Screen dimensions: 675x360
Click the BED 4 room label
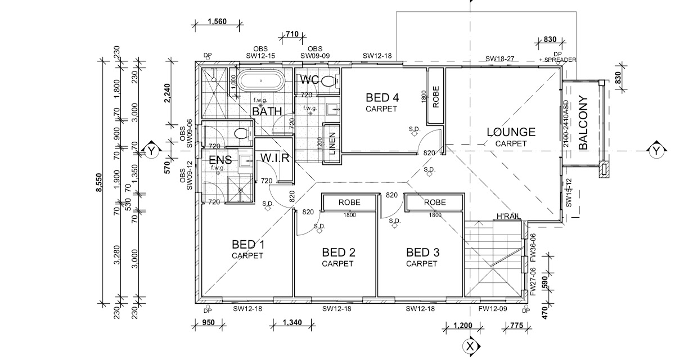coord(382,98)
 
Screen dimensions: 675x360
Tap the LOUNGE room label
coord(511,132)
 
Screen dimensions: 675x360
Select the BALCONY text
coord(583,123)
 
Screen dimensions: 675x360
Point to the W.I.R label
coord(274,158)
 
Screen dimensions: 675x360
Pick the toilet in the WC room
coord(330,81)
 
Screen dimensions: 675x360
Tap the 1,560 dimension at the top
coord(217,21)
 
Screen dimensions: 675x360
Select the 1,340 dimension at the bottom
coord(292,323)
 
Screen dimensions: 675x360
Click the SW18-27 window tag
coord(499,58)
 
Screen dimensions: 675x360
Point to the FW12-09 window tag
coord(493,309)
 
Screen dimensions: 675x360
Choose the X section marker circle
coord(470,346)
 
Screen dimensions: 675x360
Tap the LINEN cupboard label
coord(332,143)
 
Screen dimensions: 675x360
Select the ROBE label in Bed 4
coord(436,97)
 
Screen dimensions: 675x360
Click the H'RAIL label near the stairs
coord(508,216)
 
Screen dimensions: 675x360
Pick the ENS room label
coord(220,160)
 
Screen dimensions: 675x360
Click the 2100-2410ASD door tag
coord(566,124)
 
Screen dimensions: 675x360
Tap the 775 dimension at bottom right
coord(516,325)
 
